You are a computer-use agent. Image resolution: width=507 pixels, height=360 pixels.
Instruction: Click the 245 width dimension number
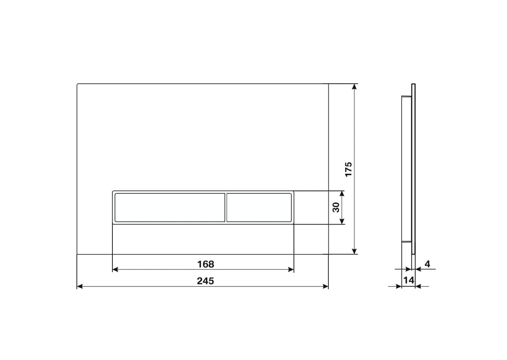coord(205,281)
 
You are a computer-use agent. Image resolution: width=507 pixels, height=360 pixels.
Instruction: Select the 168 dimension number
coord(205,264)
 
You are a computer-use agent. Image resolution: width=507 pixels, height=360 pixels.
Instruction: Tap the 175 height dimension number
coord(349,169)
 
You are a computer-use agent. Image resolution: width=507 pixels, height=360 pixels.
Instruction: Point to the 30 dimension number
coord(336,208)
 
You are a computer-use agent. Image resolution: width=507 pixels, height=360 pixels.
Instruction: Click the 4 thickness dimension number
coord(427,264)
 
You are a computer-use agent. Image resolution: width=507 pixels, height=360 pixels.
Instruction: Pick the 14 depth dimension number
coord(409,280)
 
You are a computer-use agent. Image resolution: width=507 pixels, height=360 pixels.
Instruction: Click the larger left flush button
coord(170,208)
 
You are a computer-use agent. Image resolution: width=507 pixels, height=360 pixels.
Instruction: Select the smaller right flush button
coord(259,208)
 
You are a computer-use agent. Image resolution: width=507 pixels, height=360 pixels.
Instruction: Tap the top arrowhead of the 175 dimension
coord(354,87)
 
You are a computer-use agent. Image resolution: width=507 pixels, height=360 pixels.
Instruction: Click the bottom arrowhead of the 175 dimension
coord(354,251)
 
